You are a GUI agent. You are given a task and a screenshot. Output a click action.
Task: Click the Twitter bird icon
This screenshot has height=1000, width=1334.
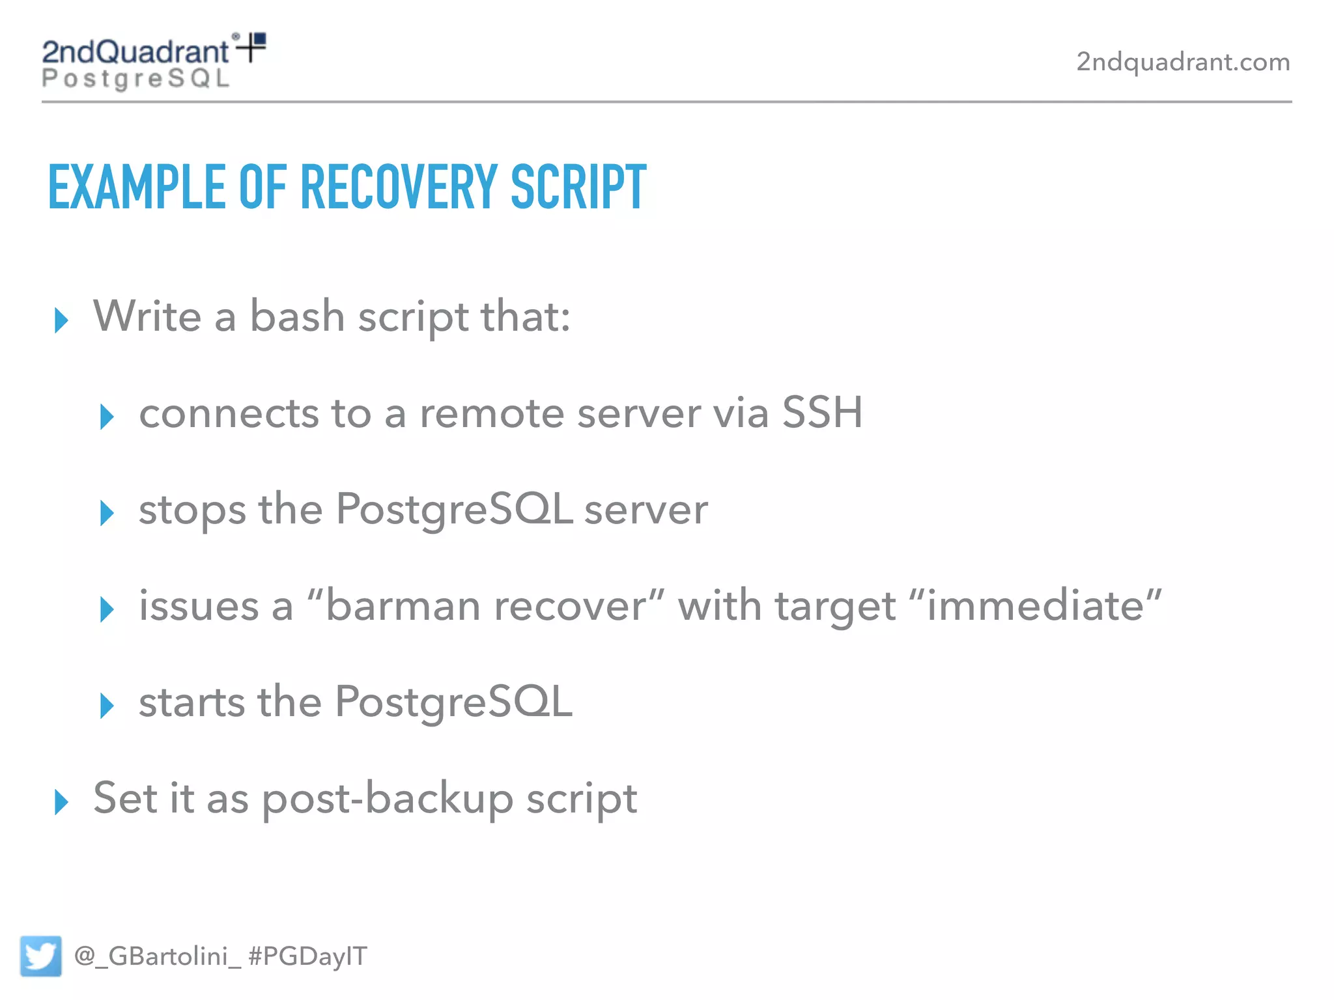[40, 956]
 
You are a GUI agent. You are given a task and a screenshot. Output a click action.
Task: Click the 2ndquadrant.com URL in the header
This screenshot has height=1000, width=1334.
[1183, 62]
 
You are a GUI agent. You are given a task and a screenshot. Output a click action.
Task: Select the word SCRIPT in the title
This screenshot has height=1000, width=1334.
[578, 187]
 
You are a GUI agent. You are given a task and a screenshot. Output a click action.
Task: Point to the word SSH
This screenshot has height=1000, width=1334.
[822, 413]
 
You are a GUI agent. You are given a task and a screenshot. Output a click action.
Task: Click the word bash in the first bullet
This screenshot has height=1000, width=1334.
[297, 316]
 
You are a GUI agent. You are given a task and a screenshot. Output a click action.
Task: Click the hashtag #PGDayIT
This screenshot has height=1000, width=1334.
[308, 956]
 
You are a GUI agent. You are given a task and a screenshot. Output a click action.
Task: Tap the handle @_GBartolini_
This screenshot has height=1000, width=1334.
[158, 956]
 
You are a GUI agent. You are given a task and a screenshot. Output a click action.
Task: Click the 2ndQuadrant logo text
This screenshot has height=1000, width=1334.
[135, 52]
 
